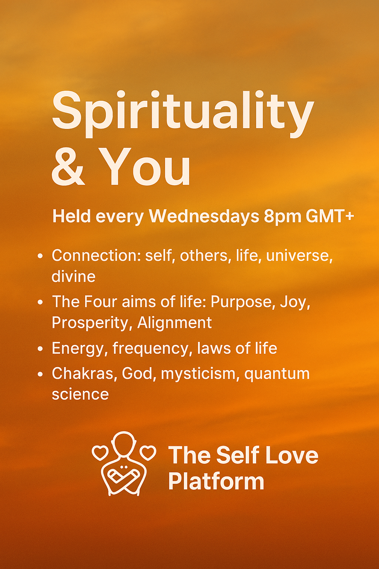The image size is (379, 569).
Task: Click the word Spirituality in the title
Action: pyautogui.click(x=182, y=111)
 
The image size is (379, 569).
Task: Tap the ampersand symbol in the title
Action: pyautogui.click(x=68, y=167)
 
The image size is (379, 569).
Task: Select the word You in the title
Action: pyautogui.click(x=146, y=167)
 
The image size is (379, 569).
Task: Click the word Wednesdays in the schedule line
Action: pyautogui.click(x=204, y=216)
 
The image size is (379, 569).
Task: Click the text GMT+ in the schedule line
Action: pyautogui.click(x=330, y=216)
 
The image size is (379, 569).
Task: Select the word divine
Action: pyautogui.click(x=73, y=277)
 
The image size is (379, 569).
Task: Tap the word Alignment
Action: pyautogui.click(x=175, y=323)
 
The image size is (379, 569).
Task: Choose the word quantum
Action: pyautogui.click(x=277, y=374)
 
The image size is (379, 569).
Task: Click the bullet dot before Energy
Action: pyautogui.click(x=41, y=349)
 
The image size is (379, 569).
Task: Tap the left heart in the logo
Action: pyautogui.click(x=100, y=452)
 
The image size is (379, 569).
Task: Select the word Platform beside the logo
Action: pyautogui.click(x=216, y=481)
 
